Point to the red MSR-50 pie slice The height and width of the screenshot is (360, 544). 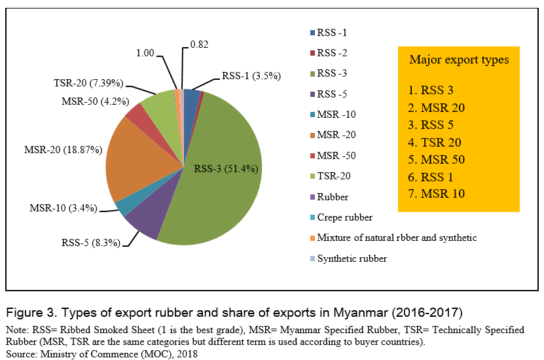(x=136, y=113)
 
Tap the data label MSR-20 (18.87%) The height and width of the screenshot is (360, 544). (x=63, y=149)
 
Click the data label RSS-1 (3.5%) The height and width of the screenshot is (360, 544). (x=251, y=75)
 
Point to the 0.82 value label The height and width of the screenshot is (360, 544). (x=199, y=45)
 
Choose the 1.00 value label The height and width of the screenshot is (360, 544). (x=145, y=52)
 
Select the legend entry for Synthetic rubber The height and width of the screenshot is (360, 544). (x=352, y=259)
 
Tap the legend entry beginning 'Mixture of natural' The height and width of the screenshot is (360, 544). (x=397, y=238)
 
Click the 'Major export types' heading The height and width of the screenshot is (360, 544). (x=459, y=60)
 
